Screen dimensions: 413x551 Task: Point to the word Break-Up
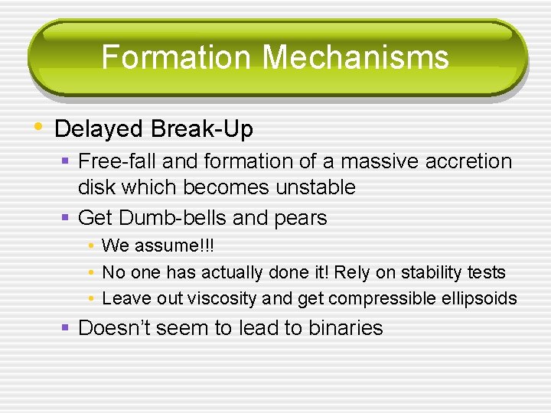(202, 129)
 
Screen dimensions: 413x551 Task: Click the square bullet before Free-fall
(67, 161)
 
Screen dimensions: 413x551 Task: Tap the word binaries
(345, 328)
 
